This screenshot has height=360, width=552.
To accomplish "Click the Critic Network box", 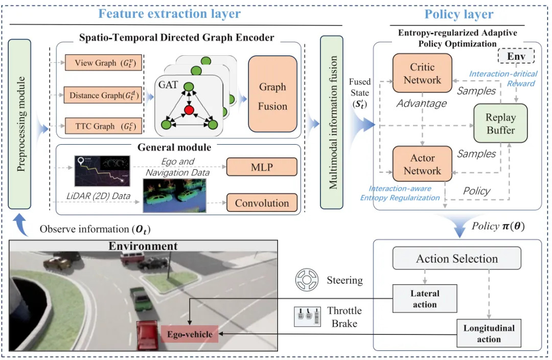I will tap(422, 73).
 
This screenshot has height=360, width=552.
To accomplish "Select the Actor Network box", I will tap(422, 165).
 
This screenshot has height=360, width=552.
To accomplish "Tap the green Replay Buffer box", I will tap(500, 124).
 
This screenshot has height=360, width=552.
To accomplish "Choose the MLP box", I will tap(262, 167).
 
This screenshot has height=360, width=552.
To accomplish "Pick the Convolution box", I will tap(262, 203).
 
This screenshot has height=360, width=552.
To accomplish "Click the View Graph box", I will tap(103, 63).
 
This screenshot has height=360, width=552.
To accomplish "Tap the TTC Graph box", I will tap(103, 126).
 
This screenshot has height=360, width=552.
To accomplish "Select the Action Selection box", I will tap(456, 259).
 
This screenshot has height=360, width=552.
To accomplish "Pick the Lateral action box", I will tap(425, 299).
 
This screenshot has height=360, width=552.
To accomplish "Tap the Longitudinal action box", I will tap(489, 333).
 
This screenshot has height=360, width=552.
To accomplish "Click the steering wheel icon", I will tap(307, 280).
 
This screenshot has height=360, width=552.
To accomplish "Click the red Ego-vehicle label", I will tap(190, 335).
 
